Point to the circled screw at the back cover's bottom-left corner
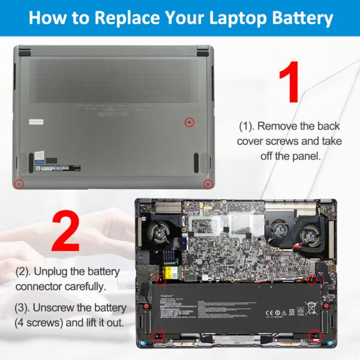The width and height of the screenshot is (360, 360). (19, 184)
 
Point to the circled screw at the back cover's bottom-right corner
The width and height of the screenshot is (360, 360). (208, 184)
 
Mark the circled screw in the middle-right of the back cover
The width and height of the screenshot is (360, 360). (189, 122)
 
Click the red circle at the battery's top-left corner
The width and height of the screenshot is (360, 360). (161, 280)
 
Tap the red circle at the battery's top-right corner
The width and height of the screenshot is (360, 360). (311, 280)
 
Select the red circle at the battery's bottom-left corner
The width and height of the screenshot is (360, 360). (158, 335)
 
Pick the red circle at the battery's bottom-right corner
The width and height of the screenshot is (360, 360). (314, 335)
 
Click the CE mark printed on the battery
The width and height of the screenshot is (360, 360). (269, 312)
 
